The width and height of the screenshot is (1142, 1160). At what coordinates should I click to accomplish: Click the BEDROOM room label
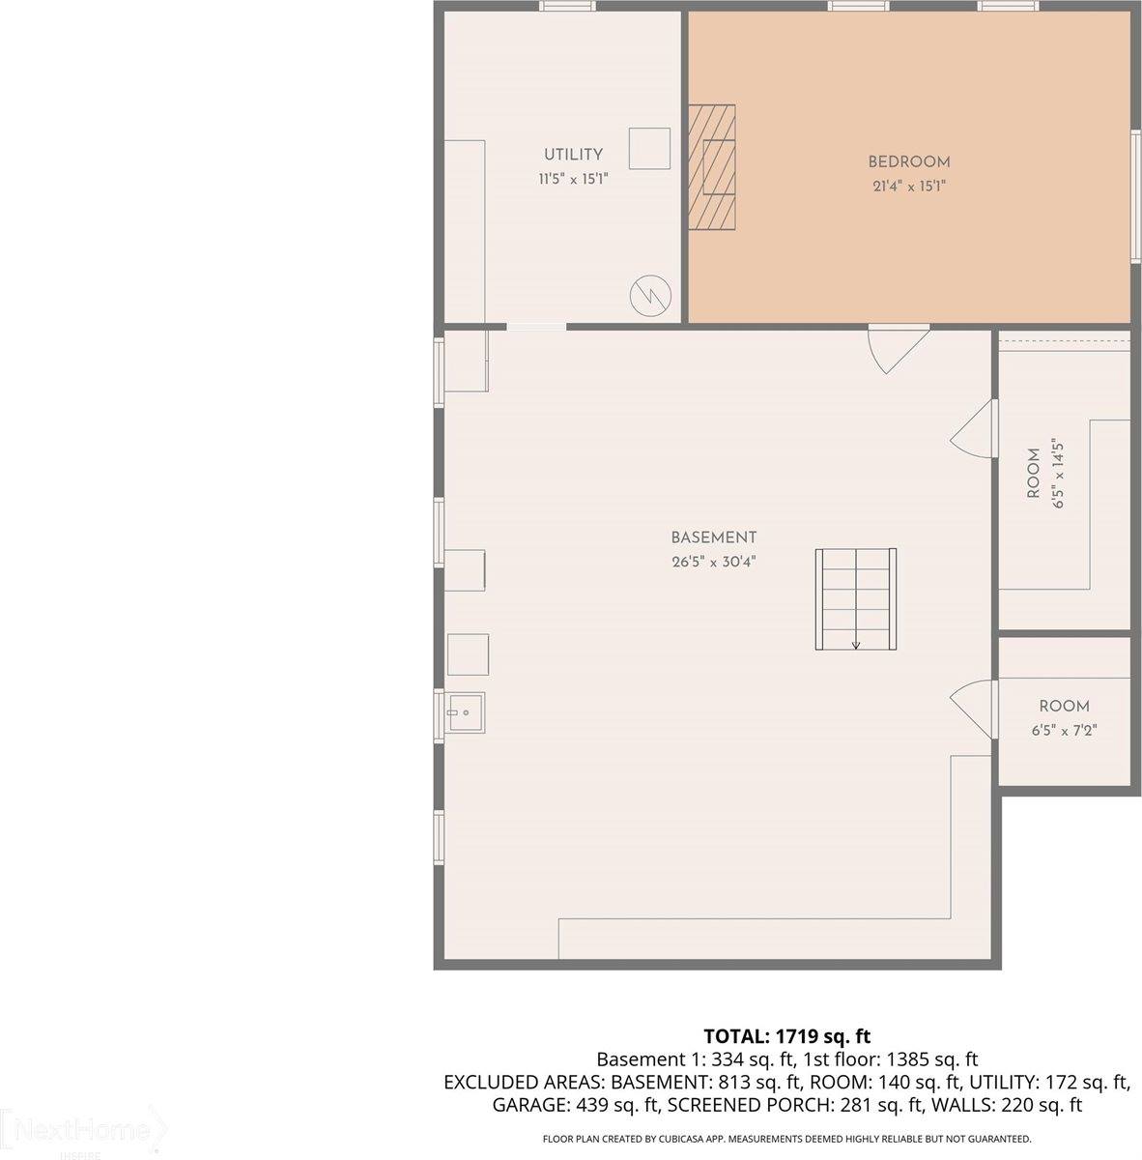click(908, 162)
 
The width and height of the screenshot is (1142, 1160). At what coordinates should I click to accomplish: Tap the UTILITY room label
click(573, 155)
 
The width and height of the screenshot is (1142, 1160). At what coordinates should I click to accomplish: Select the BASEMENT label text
click(714, 537)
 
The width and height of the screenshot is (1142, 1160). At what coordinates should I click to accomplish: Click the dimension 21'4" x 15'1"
click(908, 187)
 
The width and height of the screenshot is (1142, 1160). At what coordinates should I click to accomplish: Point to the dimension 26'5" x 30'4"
click(714, 562)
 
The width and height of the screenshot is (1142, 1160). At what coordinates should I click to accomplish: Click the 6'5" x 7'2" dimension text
click(1064, 730)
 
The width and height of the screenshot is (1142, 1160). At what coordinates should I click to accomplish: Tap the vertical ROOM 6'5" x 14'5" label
click(1044, 473)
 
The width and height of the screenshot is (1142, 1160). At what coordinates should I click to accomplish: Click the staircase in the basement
click(856, 599)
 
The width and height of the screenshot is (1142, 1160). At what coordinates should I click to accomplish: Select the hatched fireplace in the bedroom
click(711, 167)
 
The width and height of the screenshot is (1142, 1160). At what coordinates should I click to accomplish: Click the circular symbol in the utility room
click(648, 294)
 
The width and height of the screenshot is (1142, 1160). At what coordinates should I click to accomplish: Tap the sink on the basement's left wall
click(465, 713)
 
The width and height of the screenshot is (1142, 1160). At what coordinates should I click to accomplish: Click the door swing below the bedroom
click(897, 348)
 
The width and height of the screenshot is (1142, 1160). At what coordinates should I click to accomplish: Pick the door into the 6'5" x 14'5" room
click(974, 429)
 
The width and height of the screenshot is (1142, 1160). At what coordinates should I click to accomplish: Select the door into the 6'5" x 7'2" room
click(974, 711)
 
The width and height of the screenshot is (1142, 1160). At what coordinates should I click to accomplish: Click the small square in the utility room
click(649, 148)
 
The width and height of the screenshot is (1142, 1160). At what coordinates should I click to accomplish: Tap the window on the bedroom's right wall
click(1135, 193)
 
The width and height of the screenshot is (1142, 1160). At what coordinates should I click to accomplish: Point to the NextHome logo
click(82, 1131)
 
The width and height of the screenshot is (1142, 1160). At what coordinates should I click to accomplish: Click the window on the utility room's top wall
click(567, 6)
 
